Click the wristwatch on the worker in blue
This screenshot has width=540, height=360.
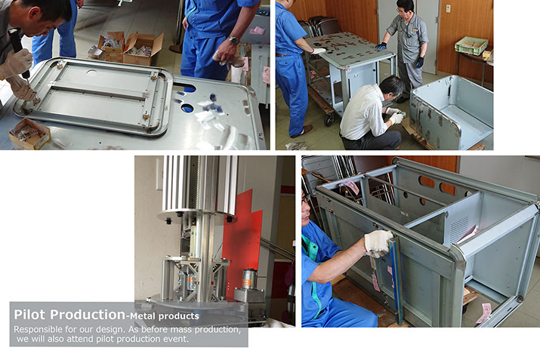(x=233, y=40)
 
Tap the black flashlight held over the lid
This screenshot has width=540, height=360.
(x=17, y=50)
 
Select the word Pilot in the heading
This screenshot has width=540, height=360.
(x=29, y=315)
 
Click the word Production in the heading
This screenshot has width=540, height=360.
(x=88, y=315)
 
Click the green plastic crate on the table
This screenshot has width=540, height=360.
(x=471, y=45)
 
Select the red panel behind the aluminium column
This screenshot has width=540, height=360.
(x=242, y=238)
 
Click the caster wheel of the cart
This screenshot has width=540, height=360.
(x=329, y=118)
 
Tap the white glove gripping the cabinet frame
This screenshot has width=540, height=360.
(x=378, y=243)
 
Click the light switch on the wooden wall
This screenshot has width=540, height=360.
(x=448, y=8)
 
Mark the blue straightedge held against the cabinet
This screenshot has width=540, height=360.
(x=397, y=280)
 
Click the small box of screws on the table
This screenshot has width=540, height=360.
(x=29, y=134)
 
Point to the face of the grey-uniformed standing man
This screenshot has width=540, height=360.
(x=403, y=11)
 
